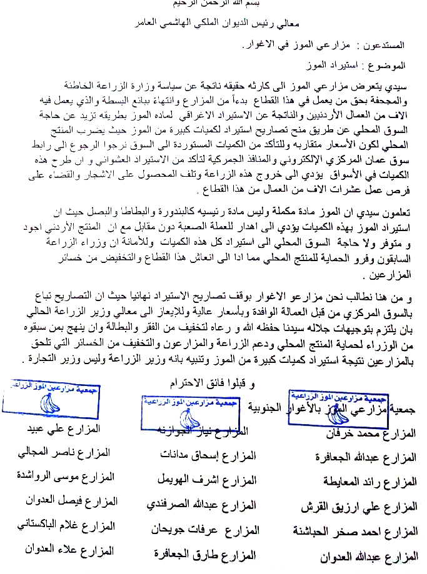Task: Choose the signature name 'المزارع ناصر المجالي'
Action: tap(65, 453)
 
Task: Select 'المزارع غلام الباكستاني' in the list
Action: tap(66, 526)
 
